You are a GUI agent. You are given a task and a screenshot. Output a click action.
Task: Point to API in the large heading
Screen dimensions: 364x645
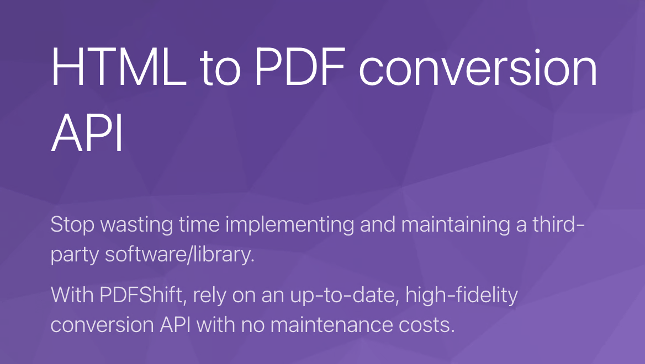(87, 135)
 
